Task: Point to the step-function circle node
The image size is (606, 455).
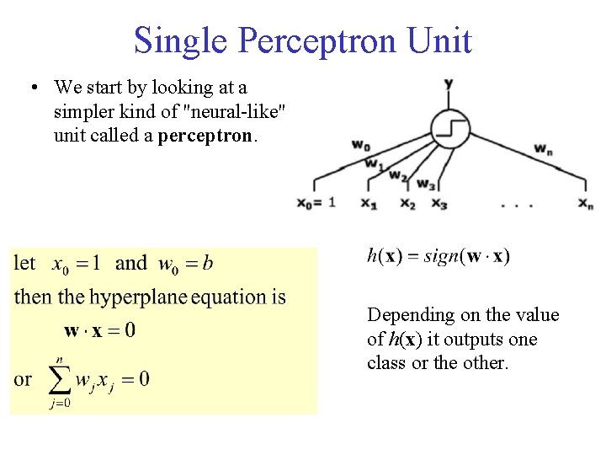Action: (449, 129)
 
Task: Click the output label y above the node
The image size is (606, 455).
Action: (449, 83)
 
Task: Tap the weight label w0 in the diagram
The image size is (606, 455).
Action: (360, 146)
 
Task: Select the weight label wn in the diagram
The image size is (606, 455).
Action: (543, 148)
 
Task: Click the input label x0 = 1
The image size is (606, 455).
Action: (316, 203)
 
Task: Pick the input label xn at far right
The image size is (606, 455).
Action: (586, 203)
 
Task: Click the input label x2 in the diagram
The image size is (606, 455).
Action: (407, 203)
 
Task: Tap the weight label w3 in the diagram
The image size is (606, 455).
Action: (425, 184)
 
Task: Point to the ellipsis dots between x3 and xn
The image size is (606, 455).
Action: (515, 203)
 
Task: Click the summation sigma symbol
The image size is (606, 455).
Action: (56, 380)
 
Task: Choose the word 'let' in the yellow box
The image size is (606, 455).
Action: (25, 264)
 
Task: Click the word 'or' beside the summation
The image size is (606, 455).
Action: (23, 379)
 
